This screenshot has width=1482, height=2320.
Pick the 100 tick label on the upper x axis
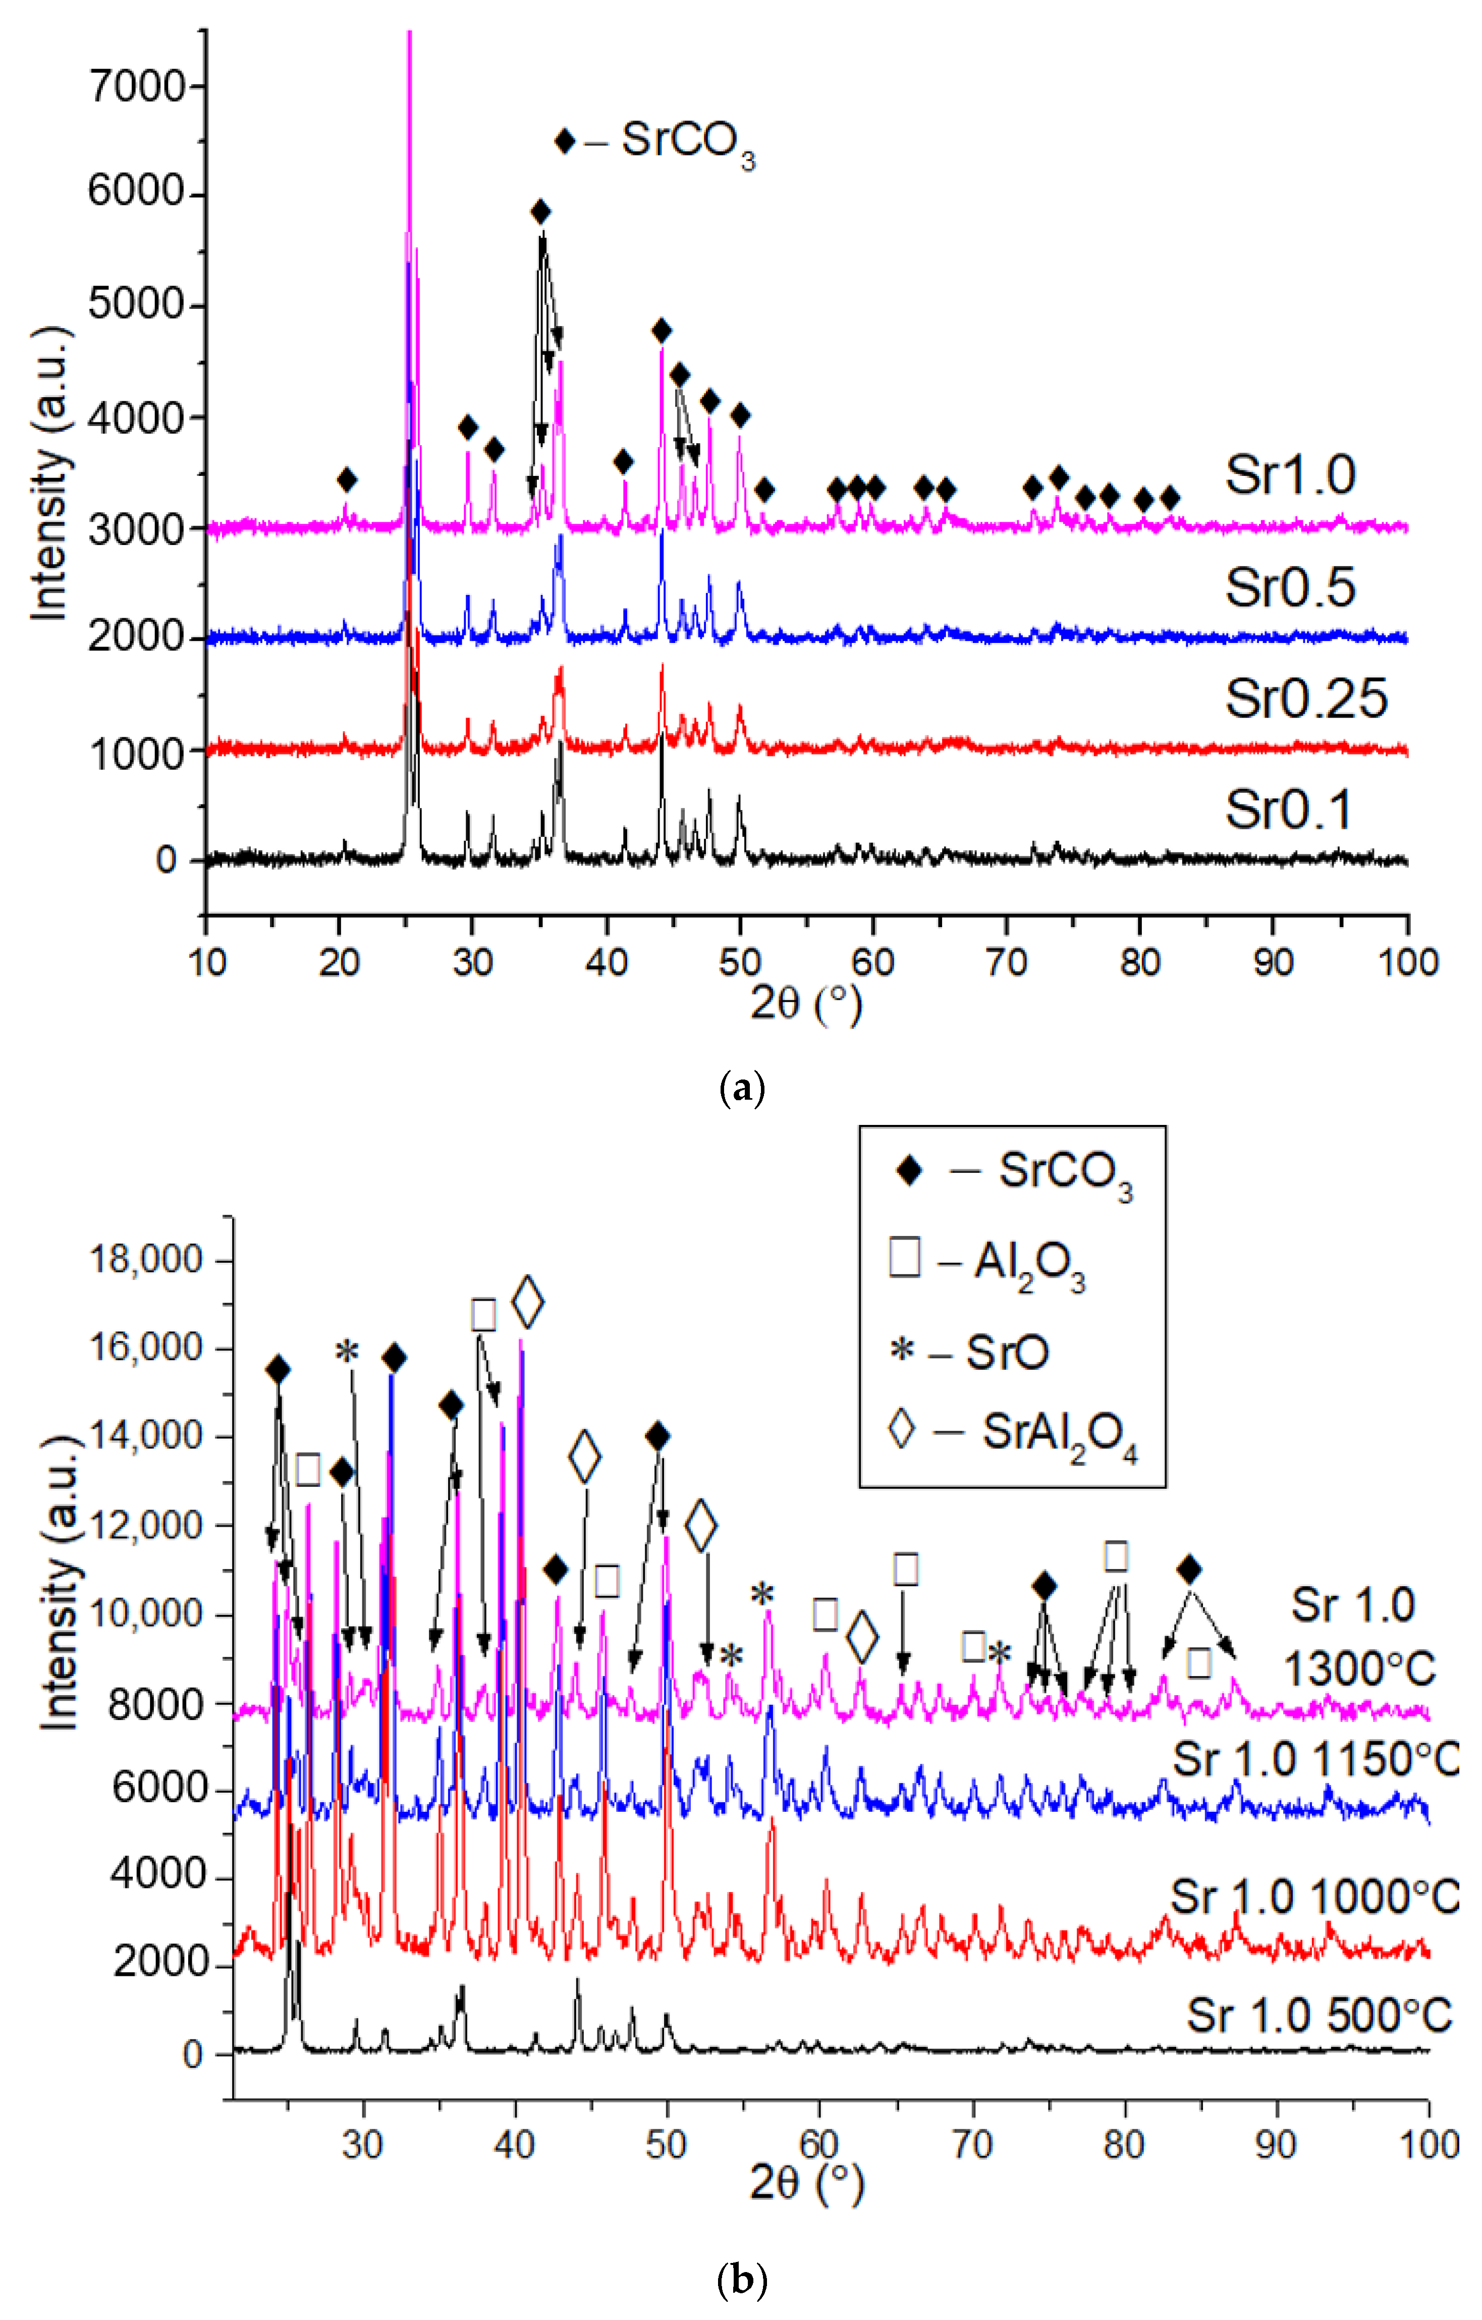(x=1407, y=961)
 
